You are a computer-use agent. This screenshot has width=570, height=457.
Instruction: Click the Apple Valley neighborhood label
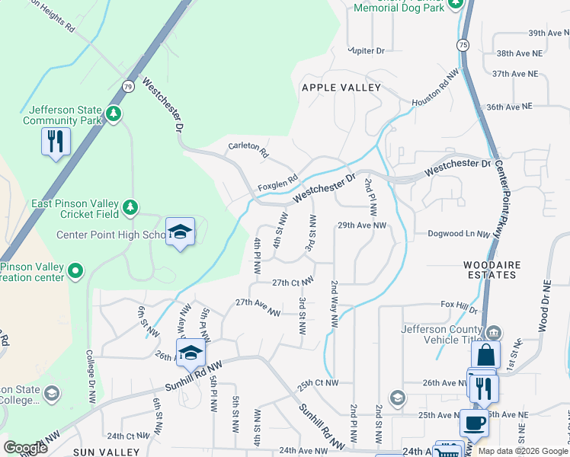click(341, 88)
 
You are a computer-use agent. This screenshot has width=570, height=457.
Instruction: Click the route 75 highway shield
click(463, 46)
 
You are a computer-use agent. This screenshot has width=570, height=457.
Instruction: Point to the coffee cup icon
click(474, 423)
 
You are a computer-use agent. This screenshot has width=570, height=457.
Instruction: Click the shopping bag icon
click(485, 355)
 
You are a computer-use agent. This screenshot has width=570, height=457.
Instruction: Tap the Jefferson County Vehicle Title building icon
click(494, 331)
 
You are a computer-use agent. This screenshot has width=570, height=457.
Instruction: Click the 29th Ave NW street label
click(363, 225)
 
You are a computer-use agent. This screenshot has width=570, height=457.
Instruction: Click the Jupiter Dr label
click(366, 50)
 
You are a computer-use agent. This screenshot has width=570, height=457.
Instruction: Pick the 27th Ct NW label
click(293, 283)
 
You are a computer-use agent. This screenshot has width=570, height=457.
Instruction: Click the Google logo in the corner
click(25, 448)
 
